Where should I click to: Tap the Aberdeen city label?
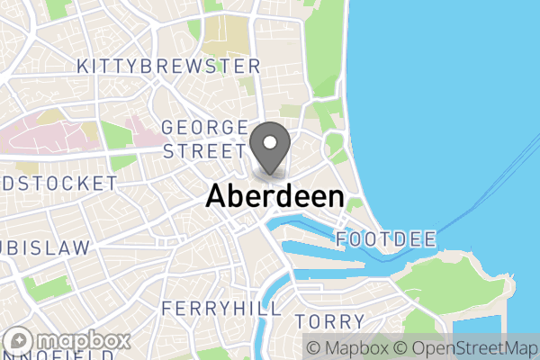point(274,197)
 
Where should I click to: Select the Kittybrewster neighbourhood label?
point(169,67)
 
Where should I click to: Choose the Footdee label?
point(386,239)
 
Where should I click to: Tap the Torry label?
point(328,321)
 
